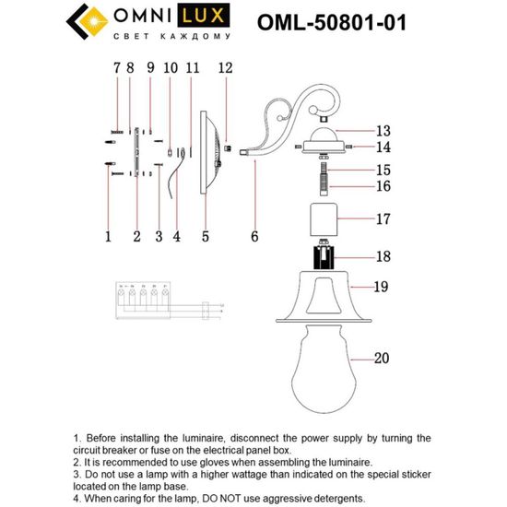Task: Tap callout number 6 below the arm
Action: tap(253, 237)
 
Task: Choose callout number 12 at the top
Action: tap(225, 67)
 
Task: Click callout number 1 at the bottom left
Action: tap(108, 237)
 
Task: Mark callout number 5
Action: tap(206, 237)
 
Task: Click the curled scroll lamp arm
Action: tap(277, 124)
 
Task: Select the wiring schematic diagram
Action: tap(161, 301)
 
